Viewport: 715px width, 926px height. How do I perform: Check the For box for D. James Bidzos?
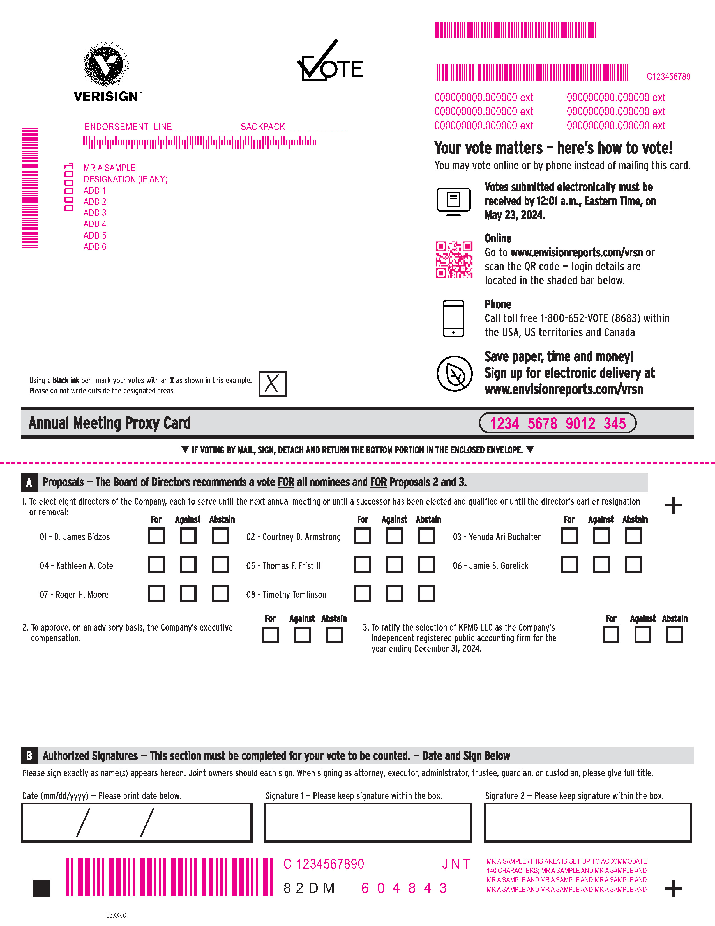pos(156,536)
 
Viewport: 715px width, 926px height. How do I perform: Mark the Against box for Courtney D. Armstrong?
pos(394,536)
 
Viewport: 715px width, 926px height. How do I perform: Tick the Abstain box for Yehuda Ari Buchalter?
pos(633,536)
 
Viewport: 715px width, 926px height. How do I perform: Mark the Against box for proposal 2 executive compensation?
pos(302,635)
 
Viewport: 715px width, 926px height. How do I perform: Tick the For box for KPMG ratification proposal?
pos(611,635)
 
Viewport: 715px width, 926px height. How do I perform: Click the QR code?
pos(454,260)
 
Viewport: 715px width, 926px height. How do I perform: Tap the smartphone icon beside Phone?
pos(453,318)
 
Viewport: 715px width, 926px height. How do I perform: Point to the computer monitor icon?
pos(453,201)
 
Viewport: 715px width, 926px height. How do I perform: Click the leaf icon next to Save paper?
pos(455,373)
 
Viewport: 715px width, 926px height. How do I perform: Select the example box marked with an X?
pos(272,384)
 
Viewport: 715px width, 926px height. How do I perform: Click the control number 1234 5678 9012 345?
pos(557,423)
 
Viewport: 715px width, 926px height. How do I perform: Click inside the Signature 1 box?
pos(368,822)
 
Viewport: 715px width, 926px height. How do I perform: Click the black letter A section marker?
pos(29,483)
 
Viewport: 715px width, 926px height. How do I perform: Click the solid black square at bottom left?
pos(41,888)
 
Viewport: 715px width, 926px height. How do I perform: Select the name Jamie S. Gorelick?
pos(490,566)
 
